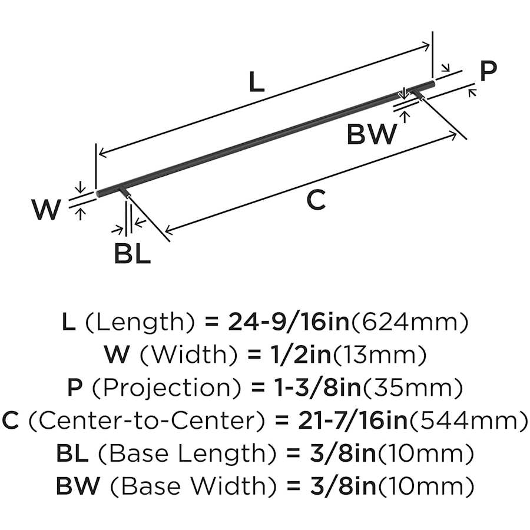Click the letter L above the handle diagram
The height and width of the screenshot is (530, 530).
pos(256,82)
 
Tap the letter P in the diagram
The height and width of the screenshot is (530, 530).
pos(488,72)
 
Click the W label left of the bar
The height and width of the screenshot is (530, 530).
pos(46,210)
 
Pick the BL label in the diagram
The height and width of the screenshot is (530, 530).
pos(132,254)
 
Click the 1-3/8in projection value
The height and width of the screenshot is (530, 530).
pos(307,387)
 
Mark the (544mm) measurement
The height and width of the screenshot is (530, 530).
pos(468,420)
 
